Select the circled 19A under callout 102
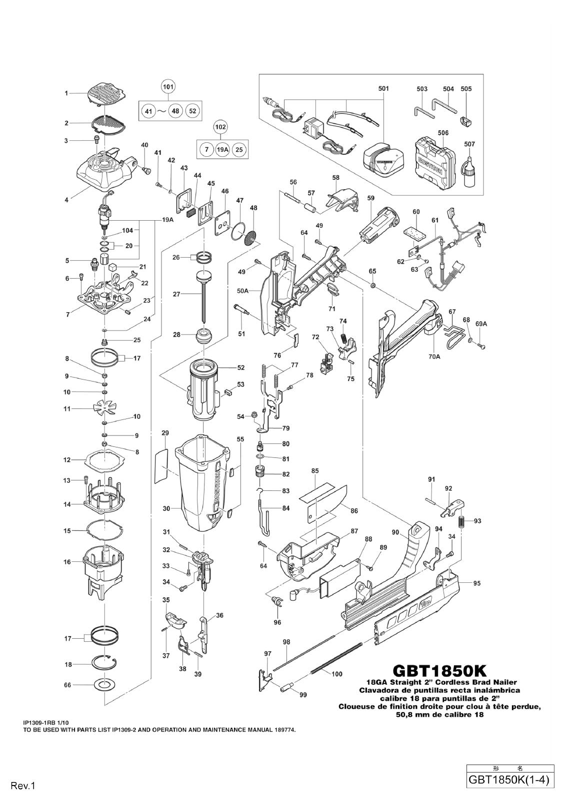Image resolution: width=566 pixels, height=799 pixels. click(x=222, y=149)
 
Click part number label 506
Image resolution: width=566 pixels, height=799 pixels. click(x=443, y=133)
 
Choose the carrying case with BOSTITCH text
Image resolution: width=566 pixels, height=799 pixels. click(x=435, y=164)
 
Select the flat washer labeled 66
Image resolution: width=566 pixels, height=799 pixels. click(x=104, y=685)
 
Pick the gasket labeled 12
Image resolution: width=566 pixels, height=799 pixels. click(x=104, y=460)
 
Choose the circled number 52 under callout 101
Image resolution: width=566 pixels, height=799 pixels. click(x=192, y=111)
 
